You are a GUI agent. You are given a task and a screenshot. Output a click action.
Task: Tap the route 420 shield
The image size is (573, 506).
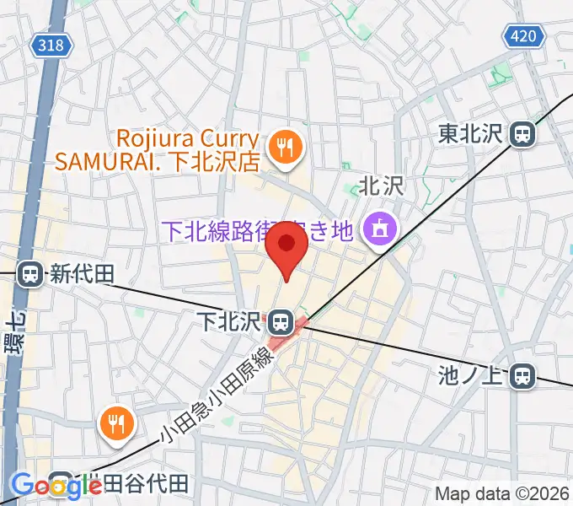tap(523, 35)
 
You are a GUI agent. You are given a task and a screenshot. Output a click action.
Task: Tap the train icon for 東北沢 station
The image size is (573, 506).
tap(525, 133)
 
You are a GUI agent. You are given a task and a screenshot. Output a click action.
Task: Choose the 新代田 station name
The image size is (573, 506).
tap(80, 274)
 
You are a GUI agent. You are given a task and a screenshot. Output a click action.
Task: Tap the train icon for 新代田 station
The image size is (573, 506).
tap(30, 274)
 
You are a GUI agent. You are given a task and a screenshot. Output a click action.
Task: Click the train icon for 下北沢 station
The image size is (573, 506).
tap(281, 321)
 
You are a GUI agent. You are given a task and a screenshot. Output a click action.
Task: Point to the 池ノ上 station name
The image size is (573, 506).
tap(478, 376)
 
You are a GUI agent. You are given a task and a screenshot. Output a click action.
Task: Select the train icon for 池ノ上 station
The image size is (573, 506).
tap(524, 376)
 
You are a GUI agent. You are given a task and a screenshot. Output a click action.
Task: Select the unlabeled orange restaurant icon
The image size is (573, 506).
tap(116, 422)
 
